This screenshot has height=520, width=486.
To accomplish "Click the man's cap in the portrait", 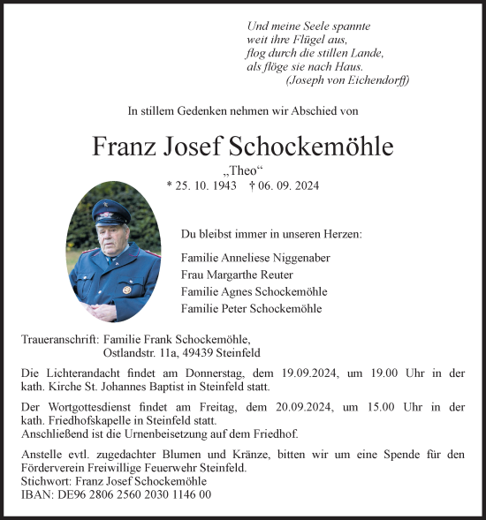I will pyautogui.click(x=111, y=210).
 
